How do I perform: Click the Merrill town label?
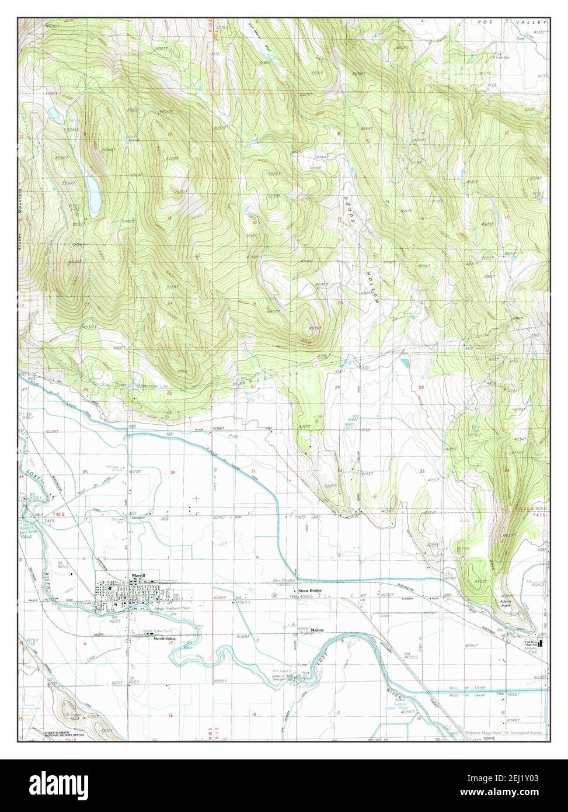(138, 575)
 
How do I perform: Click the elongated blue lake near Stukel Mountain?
(92, 191)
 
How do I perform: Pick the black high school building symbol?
(541, 643)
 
